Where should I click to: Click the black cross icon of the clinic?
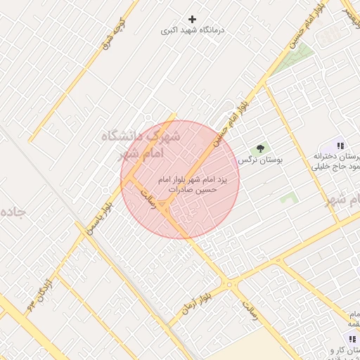click(x=193, y=19)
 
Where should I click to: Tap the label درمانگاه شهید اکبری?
click(x=186, y=31)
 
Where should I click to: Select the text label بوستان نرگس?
click(x=260, y=160)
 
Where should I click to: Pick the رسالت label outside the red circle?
click(x=250, y=311)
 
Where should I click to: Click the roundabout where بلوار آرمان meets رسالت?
click(x=229, y=285)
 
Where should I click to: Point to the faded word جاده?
click(x=14, y=212)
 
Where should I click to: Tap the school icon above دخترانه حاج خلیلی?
click(x=340, y=146)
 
